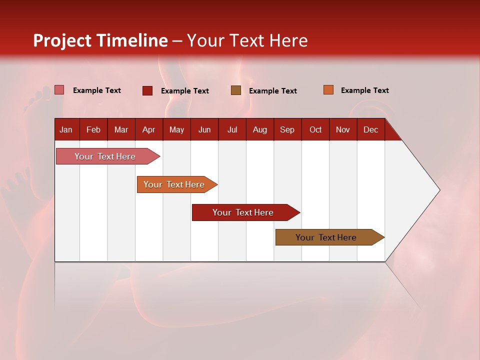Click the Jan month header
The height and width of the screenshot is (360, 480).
(66, 129)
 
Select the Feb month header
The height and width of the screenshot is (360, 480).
(93, 129)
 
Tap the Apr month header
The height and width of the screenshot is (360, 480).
(148, 129)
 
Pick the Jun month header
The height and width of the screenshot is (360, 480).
(204, 129)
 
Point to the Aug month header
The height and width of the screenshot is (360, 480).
(259, 129)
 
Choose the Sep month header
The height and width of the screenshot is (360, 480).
(287, 129)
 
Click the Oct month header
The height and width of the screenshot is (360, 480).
(315, 129)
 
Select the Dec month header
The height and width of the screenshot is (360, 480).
(370, 129)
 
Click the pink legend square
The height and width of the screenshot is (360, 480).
(59, 90)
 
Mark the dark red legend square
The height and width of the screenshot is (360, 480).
(147, 90)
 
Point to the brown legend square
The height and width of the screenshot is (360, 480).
(236, 90)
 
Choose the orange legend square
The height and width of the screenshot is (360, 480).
(328, 90)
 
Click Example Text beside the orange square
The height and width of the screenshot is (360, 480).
(364, 90)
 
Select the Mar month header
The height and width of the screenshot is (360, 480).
(121, 129)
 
